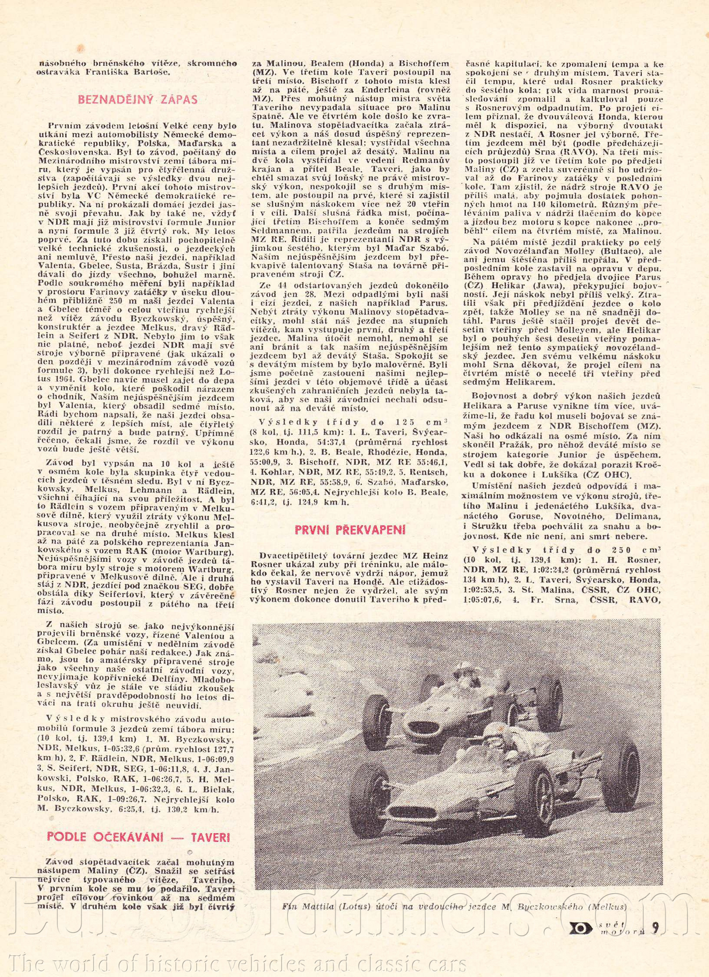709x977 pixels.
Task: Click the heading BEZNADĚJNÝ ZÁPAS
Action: coord(138,100)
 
